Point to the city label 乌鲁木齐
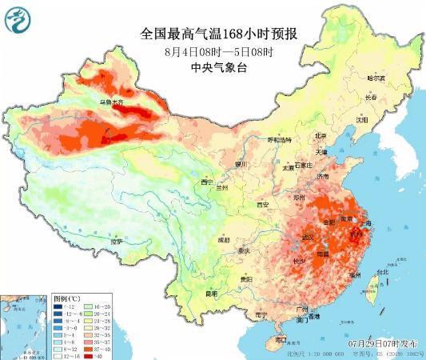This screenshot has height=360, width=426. click(111, 102)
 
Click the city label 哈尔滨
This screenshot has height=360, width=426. click(376, 78)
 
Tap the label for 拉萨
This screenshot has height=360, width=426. click(117, 240)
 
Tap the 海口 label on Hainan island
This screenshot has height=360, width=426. click(281, 339)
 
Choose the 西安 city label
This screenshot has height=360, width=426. click(262, 205)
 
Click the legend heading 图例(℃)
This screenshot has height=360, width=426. click(66, 296)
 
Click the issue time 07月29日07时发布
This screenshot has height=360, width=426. click(383, 343)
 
